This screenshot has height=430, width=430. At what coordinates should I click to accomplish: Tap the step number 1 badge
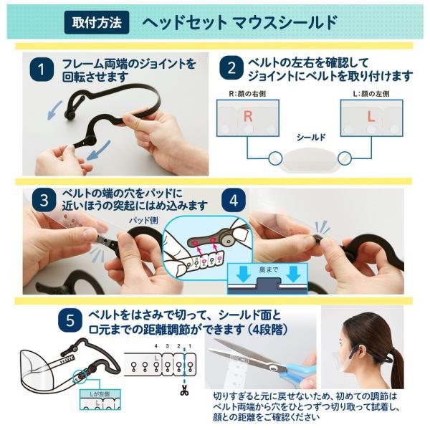[x=44, y=70]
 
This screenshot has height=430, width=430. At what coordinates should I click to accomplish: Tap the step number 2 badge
[x=231, y=70]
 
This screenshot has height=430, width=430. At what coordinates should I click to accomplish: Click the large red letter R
[x=247, y=116]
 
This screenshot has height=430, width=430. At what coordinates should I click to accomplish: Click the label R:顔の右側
[x=246, y=93]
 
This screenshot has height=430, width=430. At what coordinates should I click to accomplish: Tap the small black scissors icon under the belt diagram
[x=185, y=391]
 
